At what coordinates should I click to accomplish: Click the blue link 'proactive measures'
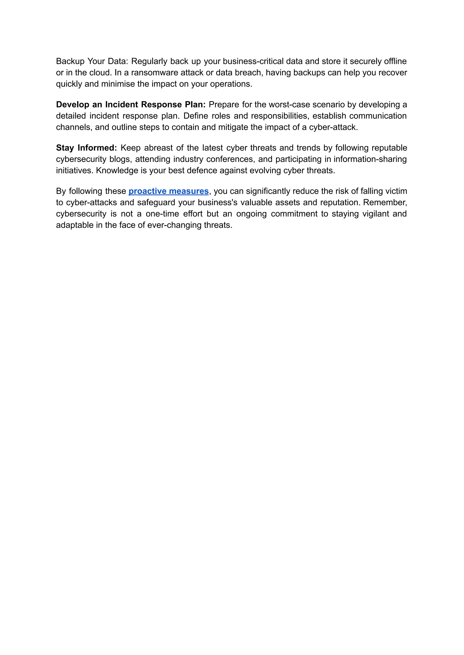[x=169, y=191]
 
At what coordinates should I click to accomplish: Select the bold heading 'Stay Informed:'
[x=86, y=148]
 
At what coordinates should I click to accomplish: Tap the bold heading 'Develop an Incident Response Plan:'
[x=130, y=105]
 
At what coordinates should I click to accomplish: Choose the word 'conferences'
[x=230, y=159]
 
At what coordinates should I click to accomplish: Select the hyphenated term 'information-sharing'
[x=370, y=159]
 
